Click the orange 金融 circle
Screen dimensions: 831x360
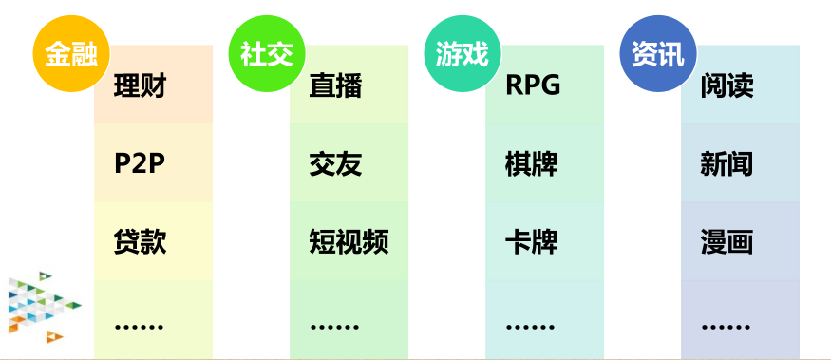tap(71, 53)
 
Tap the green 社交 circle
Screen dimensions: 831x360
tap(267, 53)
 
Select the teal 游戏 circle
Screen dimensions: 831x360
tap(463, 53)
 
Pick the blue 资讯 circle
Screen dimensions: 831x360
tap(658, 53)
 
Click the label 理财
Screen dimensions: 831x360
tap(140, 85)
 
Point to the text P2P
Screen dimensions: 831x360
tap(140, 164)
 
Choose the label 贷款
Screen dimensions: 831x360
tap(140, 242)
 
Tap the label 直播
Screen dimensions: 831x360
tap(335, 85)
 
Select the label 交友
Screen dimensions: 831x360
tap(335, 164)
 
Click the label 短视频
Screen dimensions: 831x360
tap(349, 242)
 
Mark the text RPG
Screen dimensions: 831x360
tap(533, 85)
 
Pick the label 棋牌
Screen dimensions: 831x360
tap(531, 164)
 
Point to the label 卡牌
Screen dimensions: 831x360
tap(531, 242)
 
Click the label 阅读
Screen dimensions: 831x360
tap(727, 85)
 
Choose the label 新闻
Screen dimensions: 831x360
tap(727, 164)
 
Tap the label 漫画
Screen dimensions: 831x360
tap(727, 242)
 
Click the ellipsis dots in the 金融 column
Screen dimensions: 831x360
tap(139, 327)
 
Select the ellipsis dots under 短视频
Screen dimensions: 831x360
tap(334, 327)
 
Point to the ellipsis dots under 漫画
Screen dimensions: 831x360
tap(726, 327)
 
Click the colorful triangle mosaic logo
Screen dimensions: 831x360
tap(44, 307)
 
